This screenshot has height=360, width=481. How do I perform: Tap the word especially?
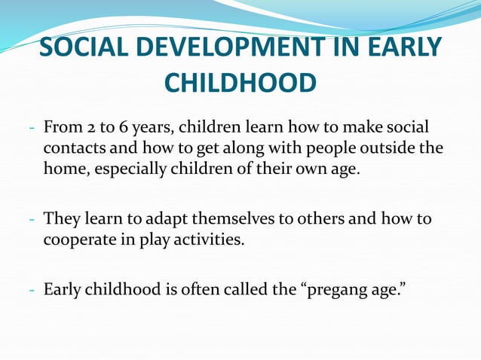pyautogui.click(x=130, y=167)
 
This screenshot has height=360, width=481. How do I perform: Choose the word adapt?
pyautogui.click(x=170, y=220)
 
